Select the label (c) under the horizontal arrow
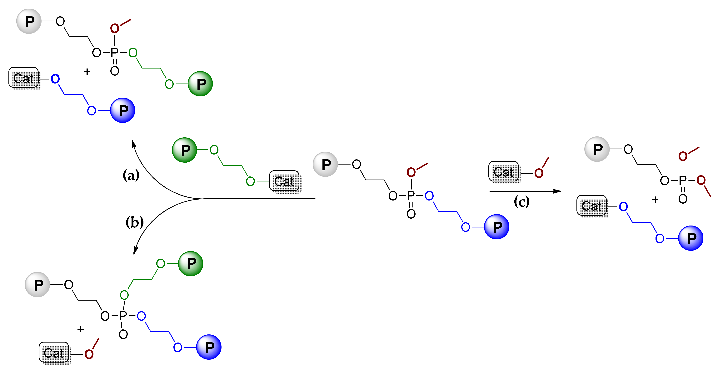[x=521, y=202]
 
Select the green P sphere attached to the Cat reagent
[x=184, y=150]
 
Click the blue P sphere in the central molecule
[x=496, y=227]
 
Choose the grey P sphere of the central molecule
[x=325, y=164]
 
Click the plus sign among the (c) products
[x=655, y=200]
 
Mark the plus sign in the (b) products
[x=81, y=329]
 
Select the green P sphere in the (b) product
[x=191, y=263]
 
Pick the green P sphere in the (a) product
[x=200, y=84]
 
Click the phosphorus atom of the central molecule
[x=411, y=196]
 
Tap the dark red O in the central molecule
[x=411, y=172]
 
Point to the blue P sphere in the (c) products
[x=691, y=238]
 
